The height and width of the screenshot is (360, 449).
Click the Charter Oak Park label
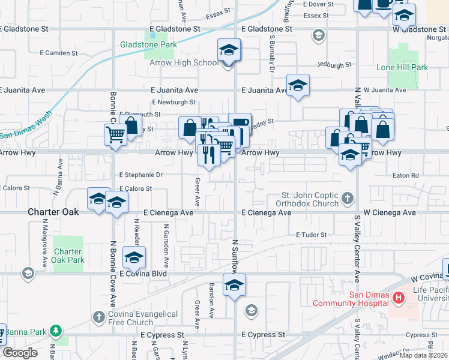coord(68,256)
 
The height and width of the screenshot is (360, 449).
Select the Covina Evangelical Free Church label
coord(143,318)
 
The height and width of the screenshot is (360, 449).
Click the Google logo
coord(20,353)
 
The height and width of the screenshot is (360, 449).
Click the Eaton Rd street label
coord(405,176)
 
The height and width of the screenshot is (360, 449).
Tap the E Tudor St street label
coord(310,235)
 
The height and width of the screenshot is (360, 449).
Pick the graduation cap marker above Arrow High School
coord(229,50)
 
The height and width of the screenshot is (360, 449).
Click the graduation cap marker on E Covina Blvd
coord(134,257)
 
